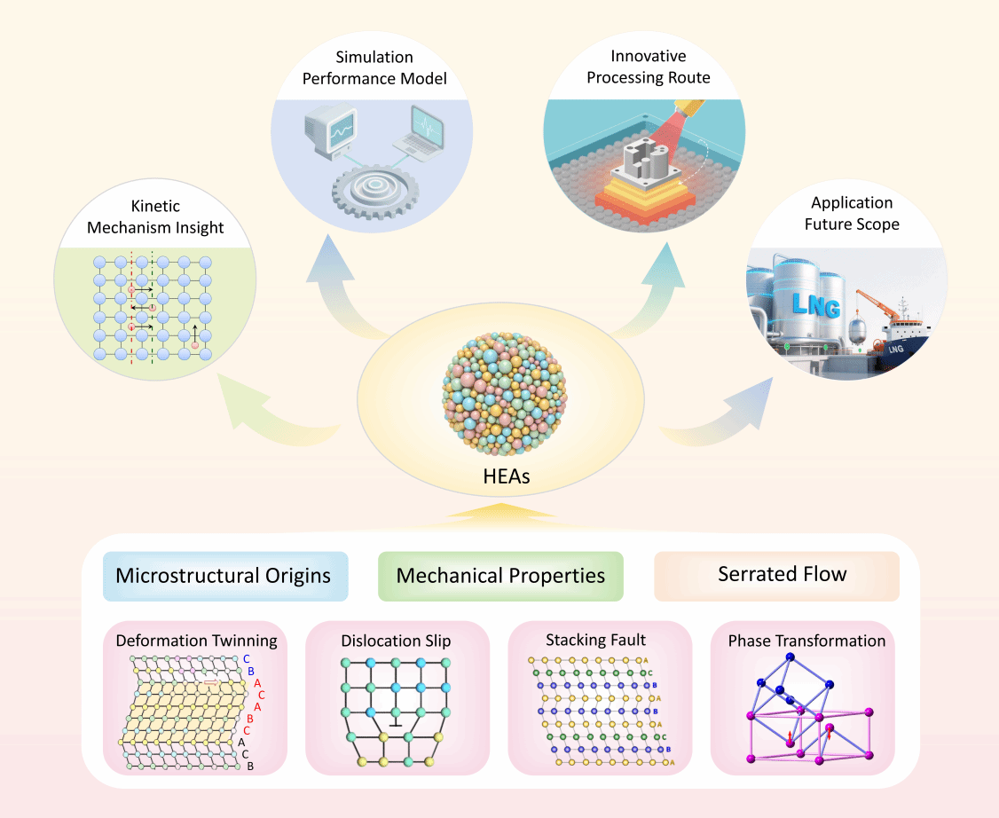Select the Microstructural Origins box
click(x=224, y=575)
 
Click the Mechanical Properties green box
click(x=500, y=575)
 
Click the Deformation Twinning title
click(x=196, y=641)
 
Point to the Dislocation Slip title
click(x=396, y=640)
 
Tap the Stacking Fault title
click(x=595, y=640)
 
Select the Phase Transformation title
click(x=806, y=641)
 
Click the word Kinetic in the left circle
click(x=155, y=207)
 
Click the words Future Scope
click(x=852, y=224)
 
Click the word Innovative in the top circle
click(x=649, y=56)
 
